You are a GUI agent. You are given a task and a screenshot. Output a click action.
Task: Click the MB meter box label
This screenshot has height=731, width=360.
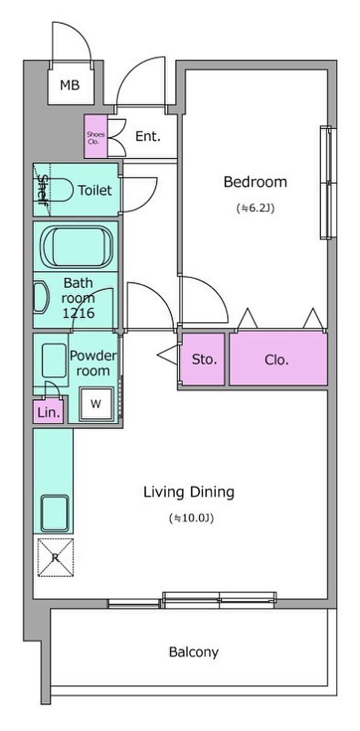70,85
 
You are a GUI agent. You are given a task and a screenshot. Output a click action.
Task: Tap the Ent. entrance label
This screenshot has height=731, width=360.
148,136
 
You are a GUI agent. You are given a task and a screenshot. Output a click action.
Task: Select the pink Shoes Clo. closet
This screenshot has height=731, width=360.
96,136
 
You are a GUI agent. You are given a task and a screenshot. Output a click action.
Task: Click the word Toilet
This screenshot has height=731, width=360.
95,190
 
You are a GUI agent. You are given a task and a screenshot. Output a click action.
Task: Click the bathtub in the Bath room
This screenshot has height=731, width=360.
77,246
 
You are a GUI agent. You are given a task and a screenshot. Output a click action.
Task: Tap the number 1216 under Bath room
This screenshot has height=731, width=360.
78,313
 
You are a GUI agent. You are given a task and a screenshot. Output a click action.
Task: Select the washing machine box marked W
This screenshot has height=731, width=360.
96,404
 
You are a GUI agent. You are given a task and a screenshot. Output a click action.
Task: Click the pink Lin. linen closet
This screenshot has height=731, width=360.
49,412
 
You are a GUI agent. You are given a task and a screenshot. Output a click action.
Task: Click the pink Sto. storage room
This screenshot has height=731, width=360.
203,359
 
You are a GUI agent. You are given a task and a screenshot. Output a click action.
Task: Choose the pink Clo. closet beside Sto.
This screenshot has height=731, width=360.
278,359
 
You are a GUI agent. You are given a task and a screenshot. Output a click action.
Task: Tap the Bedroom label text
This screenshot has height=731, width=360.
255,182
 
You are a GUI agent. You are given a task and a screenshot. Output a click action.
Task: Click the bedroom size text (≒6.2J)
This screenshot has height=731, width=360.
255,208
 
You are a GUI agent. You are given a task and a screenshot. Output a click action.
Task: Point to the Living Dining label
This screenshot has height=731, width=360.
189,492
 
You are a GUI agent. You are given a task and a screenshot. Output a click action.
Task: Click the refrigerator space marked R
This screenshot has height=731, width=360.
56,558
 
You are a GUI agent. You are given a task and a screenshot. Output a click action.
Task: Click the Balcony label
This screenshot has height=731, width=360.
194,652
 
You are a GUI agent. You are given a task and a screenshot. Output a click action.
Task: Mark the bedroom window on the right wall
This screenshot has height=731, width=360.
328,183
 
